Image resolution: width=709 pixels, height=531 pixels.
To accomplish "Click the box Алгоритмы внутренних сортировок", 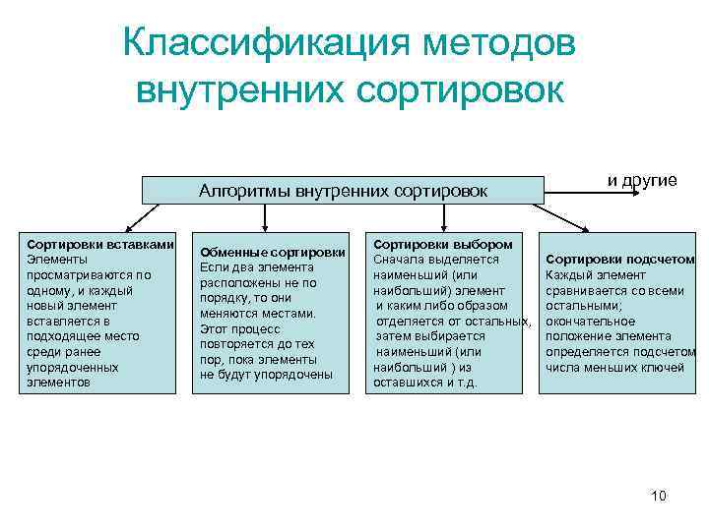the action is tap(343, 190).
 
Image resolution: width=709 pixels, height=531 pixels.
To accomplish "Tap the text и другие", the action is tap(641, 180).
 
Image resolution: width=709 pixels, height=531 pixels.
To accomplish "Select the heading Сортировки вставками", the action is tap(101, 243).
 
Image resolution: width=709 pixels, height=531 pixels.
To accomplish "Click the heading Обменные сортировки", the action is tap(273, 252).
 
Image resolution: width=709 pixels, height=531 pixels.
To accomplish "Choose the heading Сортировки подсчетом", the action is tap(620, 259).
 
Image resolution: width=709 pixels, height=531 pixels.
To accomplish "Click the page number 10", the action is tap(659, 496).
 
